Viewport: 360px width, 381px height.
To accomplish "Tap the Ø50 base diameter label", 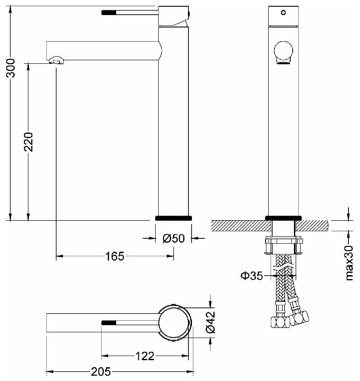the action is coord(173,238).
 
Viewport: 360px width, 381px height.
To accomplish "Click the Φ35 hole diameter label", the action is coord(251,276).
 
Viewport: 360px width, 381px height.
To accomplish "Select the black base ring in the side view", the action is coord(173,218).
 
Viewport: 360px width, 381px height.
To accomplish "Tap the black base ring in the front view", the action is coord(283,218).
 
